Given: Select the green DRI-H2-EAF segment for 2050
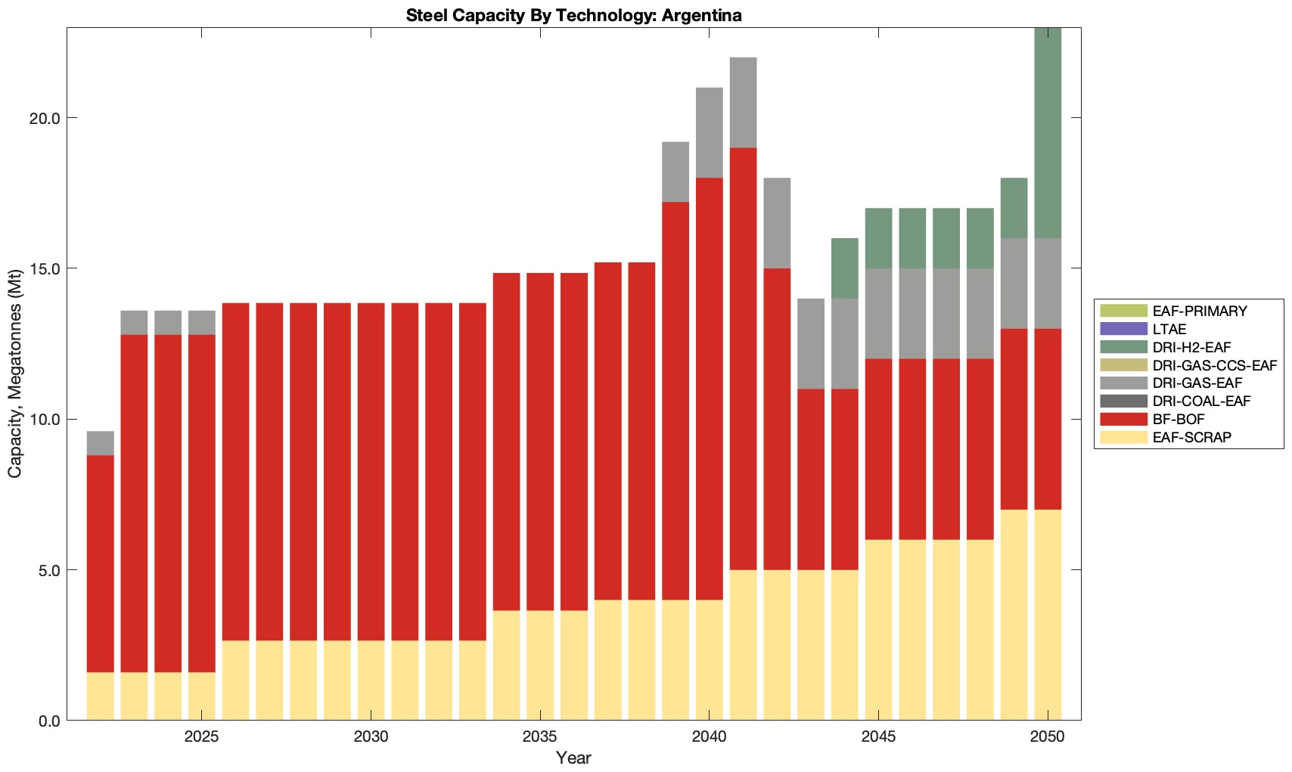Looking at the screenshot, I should tap(1048, 133).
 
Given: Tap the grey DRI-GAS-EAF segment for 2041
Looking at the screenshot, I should tap(743, 103).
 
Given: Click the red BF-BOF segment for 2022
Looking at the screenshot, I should tap(101, 563).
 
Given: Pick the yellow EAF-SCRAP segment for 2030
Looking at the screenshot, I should tap(371, 681).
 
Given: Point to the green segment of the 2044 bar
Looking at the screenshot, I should tap(845, 268).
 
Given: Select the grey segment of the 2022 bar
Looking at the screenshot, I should tap(101, 443).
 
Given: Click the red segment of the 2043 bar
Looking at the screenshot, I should tap(811, 479).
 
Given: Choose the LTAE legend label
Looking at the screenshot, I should tap(1169, 329).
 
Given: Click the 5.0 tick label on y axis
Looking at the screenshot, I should tap(50, 570).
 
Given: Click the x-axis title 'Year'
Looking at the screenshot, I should tap(573, 758).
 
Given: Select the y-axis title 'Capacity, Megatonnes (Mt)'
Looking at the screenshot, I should tap(14, 374).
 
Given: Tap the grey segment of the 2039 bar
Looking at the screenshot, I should tap(676, 172).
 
